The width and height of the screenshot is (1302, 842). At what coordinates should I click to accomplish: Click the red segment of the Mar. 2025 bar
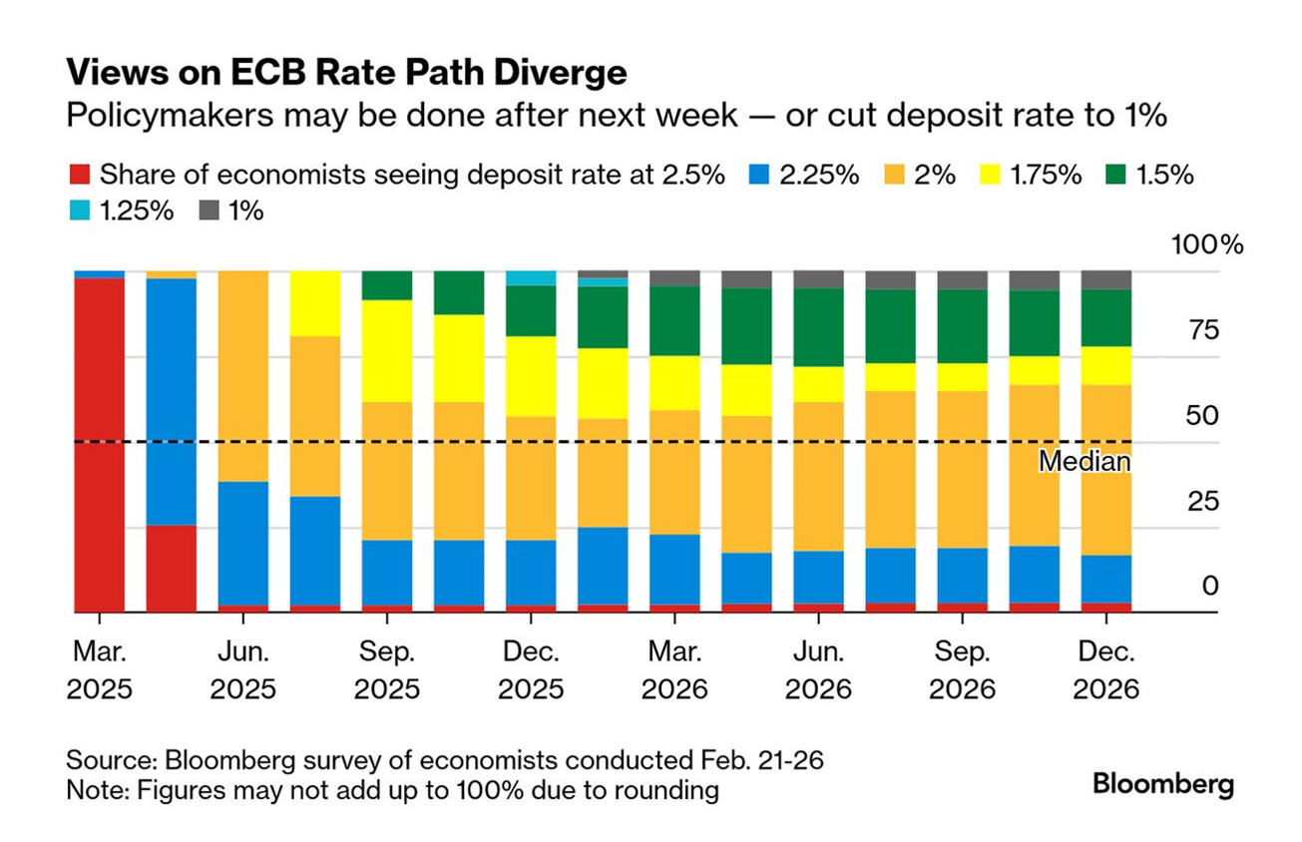100,444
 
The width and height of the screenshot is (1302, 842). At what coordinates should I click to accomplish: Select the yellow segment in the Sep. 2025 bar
387,350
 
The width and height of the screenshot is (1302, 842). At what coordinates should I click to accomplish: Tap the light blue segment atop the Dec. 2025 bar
531,278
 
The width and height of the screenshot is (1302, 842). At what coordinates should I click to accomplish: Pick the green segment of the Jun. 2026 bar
818,327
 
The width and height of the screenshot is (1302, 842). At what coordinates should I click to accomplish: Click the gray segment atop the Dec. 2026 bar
1105,279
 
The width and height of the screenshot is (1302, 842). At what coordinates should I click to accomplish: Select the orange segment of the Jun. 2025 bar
243,376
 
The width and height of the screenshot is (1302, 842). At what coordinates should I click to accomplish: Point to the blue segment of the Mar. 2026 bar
674,569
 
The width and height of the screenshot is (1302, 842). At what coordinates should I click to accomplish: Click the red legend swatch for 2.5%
81,175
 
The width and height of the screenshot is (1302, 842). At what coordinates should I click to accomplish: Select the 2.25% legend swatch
760,175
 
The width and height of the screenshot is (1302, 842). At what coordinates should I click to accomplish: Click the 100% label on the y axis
1207,245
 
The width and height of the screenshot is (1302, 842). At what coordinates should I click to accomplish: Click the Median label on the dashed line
1084,462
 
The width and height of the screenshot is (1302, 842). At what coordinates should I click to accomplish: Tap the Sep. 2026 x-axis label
962,670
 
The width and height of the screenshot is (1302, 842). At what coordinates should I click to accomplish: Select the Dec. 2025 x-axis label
531,670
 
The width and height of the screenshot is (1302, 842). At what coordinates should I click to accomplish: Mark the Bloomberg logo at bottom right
1163,783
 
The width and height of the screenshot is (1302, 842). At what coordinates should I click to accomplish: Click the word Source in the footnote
109,760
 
